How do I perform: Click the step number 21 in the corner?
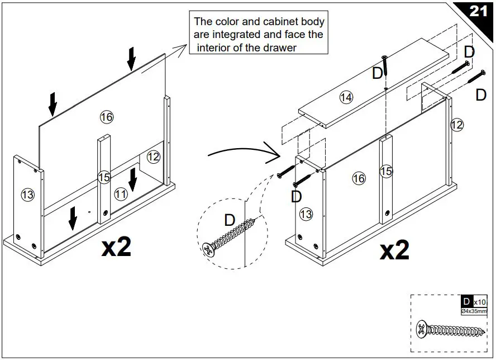tap(478, 11)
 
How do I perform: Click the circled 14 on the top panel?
tap(346, 98)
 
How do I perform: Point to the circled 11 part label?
tap(120, 194)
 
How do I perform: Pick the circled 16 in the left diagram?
tap(106, 116)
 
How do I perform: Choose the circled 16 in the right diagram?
tap(359, 178)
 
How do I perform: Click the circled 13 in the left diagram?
tap(27, 195)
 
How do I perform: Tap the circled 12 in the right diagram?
tap(456, 125)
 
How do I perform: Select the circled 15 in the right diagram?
tap(386, 171)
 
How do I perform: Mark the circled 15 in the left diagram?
tap(104, 177)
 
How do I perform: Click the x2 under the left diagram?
tap(116, 247)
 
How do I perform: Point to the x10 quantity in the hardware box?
tap(480, 302)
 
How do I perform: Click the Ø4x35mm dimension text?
tap(474, 311)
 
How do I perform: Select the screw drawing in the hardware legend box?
tap(450, 329)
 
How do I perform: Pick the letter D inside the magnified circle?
tap(230, 220)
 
